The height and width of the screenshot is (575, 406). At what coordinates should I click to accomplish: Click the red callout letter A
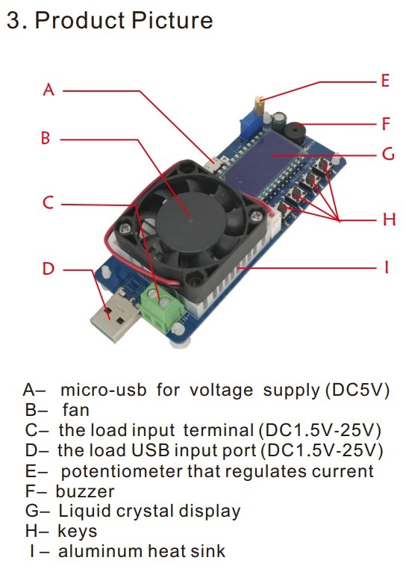point(49,90)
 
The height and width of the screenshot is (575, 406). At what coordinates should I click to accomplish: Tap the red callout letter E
point(385,81)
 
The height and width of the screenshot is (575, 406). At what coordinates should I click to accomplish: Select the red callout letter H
point(389,220)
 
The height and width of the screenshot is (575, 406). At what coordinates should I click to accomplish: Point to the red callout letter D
point(49,269)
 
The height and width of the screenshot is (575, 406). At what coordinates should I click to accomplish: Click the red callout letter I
point(386,267)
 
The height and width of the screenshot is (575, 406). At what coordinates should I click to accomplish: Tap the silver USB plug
point(113,317)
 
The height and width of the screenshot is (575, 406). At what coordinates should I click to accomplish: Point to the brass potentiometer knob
point(260,105)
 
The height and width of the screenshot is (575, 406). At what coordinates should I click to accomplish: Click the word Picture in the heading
point(172,20)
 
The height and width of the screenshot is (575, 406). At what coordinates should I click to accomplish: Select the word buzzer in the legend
point(85,491)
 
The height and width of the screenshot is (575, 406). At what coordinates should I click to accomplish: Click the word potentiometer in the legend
point(122,472)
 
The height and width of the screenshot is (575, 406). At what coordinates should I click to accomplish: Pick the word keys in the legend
point(78,531)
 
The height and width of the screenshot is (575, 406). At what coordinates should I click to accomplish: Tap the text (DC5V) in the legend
point(357,390)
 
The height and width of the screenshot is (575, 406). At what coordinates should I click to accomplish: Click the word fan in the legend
point(76,410)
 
